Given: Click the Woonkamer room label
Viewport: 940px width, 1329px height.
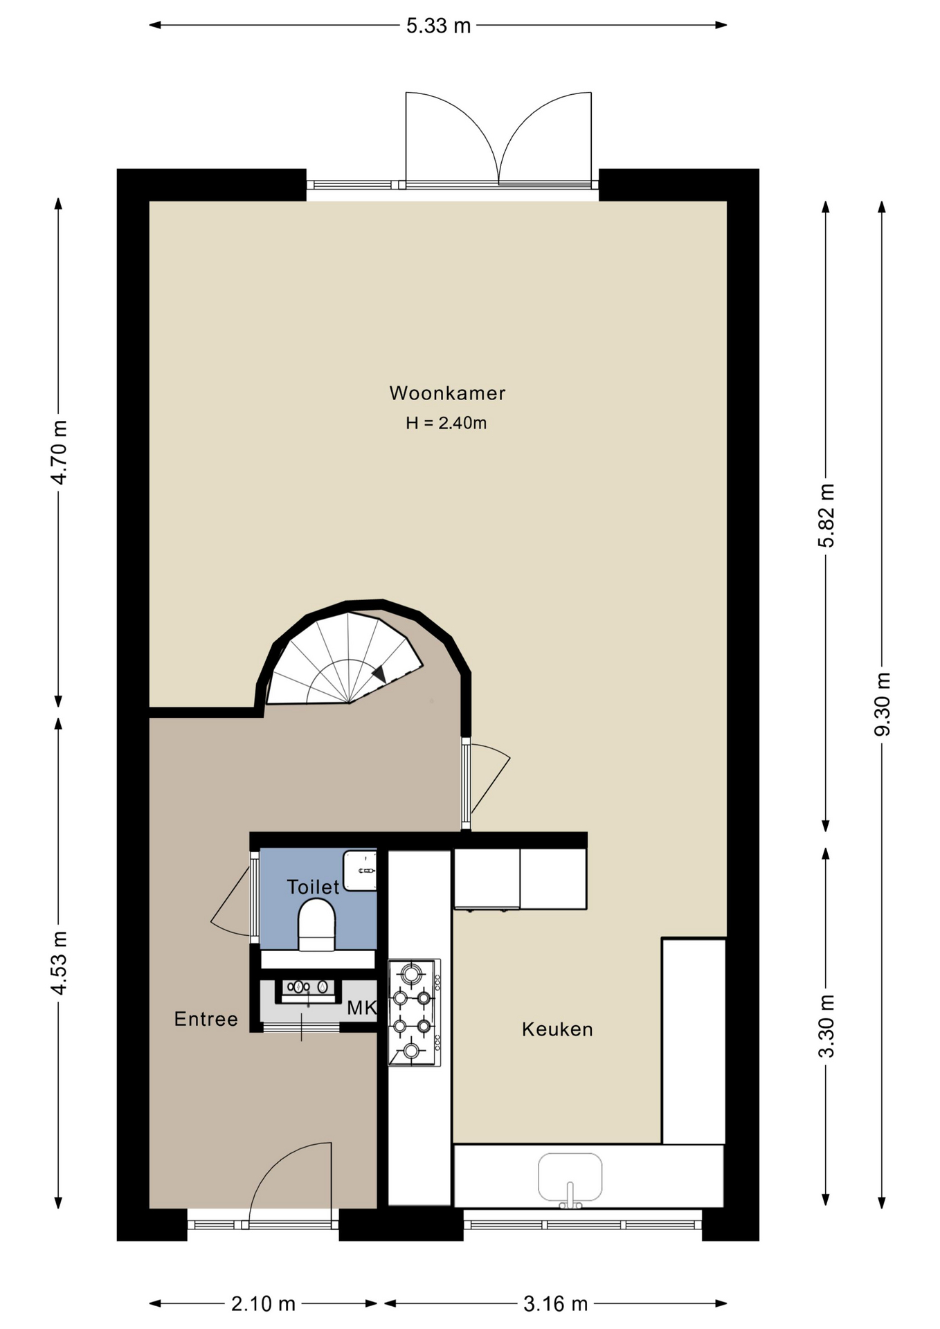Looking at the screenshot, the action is (x=447, y=393).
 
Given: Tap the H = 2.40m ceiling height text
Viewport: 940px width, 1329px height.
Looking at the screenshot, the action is (x=446, y=423).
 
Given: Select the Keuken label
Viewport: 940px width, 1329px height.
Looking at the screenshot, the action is (x=557, y=1029).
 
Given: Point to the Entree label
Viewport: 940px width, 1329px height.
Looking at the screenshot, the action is (x=206, y=1019).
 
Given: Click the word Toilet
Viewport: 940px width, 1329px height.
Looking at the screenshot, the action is (x=314, y=887).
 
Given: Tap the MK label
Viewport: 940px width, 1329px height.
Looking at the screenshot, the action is (x=361, y=1008).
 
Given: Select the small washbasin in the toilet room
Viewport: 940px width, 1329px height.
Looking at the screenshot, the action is (x=360, y=871).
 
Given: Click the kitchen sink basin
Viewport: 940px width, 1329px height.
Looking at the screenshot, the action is (x=570, y=1177).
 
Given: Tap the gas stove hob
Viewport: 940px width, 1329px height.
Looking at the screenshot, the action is (x=414, y=1013).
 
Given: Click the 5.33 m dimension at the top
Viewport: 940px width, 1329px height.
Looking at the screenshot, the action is (x=438, y=26).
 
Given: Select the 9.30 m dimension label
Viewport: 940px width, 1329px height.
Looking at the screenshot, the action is (x=883, y=705).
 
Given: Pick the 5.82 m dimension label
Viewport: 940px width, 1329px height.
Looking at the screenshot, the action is (x=826, y=516).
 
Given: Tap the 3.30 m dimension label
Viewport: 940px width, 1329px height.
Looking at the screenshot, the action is (x=826, y=1027).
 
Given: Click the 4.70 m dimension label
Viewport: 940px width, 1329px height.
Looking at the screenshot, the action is (x=60, y=452).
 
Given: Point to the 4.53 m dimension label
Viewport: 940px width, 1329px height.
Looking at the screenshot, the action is (x=60, y=963).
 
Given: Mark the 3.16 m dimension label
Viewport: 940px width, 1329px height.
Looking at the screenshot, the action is (x=555, y=1304).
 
